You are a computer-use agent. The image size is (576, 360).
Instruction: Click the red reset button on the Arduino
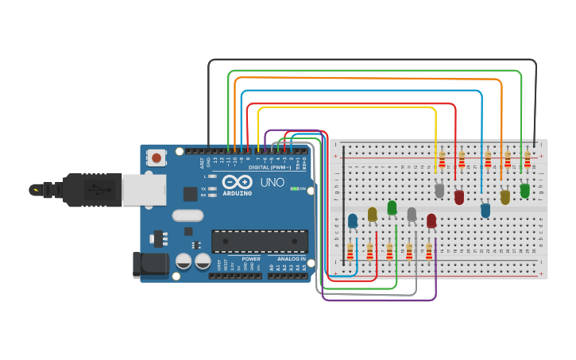157,158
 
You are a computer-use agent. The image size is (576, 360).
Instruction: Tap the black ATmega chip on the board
259,241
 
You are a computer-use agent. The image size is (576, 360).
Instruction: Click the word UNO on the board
273,182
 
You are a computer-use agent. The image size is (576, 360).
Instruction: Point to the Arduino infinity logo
237,182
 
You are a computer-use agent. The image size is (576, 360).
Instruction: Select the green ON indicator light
295,189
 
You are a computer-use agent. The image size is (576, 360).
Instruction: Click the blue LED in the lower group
353,220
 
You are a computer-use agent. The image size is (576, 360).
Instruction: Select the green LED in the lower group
392,207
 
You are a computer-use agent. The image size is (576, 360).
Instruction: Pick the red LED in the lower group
431,220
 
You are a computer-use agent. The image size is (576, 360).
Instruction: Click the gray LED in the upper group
439,190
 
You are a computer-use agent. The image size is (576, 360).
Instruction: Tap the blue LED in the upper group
485,210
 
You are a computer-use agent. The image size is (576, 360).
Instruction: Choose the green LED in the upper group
525,190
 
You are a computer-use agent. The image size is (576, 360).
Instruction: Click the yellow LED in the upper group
504,196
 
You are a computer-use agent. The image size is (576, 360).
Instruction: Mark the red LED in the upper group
458,196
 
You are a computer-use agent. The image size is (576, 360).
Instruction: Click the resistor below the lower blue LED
350,251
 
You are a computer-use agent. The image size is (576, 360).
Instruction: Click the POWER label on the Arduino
251,259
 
